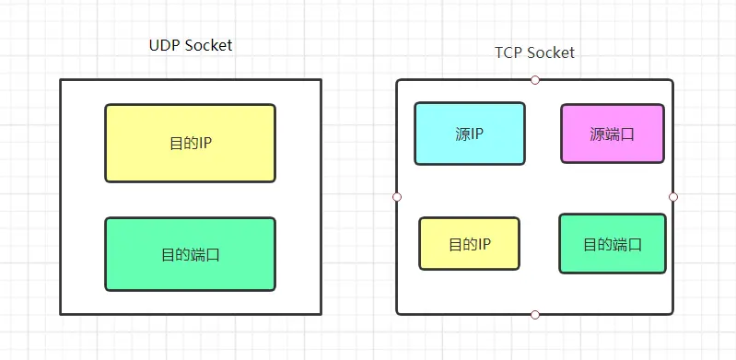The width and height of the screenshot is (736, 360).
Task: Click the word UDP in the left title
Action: click(x=164, y=46)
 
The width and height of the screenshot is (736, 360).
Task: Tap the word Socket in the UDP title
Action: click(x=207, y=46)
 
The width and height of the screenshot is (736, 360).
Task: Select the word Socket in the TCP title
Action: click(x=550, y=52)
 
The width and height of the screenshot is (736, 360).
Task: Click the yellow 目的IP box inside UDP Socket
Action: click(x=190, y=143)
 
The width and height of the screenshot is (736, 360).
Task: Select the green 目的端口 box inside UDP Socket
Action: click(x=190, y=254)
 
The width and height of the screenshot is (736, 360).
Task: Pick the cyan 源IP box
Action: click(x=469, y=134)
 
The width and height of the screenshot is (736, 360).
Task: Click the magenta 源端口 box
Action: click(x=612, y=134)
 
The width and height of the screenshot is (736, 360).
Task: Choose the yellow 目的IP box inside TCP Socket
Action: click(x=469, y=244)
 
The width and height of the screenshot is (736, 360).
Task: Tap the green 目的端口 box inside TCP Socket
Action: click(x=612, y=244)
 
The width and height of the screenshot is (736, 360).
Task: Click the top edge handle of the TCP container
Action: click(x=535, y=80)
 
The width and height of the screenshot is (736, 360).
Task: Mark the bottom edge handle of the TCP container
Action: click(x=535, y=315)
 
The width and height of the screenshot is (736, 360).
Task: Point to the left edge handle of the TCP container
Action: click(x=397, y=197)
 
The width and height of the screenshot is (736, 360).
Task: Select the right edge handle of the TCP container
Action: click(x=673, y=197)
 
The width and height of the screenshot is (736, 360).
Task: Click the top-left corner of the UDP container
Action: click(x=62, y=80)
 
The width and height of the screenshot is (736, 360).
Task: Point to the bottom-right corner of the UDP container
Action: click(x=321, y=314)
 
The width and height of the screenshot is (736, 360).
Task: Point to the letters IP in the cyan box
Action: click(x=478, y=134)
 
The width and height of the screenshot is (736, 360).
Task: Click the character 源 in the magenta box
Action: click(x=596, y=134)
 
